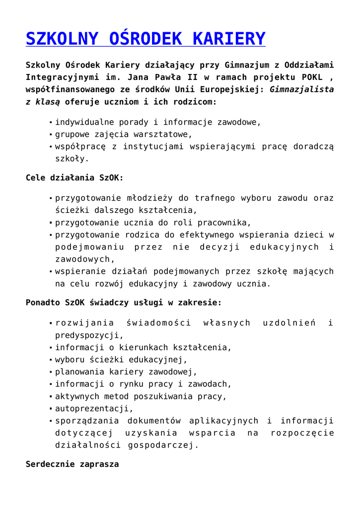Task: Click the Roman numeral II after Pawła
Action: click(x=191, y=77)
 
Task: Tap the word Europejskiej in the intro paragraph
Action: click(x=227, y=90)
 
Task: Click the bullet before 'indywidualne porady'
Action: click(x=51, y=122)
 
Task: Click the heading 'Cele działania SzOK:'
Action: click(x=74, y=178)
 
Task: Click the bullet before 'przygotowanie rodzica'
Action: click(x=51, y=235)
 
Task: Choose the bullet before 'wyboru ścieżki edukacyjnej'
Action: click(x=51, y=360)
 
